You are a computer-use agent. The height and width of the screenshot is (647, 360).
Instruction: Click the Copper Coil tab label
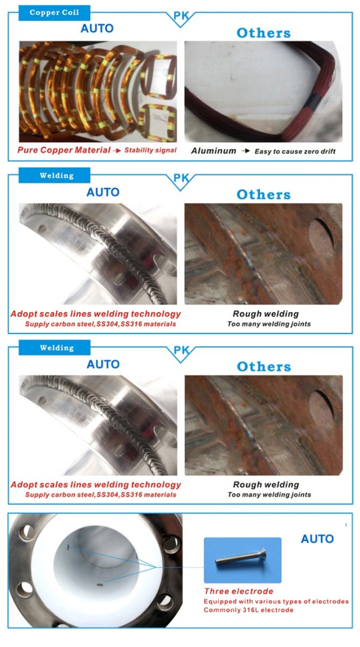coord(54,12)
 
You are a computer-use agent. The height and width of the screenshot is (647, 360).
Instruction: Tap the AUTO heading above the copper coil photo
coord(97,28)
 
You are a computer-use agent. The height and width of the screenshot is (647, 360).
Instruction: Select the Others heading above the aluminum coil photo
coord(264,33)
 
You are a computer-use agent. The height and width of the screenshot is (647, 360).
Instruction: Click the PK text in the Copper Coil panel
coord(181,16)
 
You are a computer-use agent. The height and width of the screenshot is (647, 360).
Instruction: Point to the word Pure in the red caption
coord(27,150)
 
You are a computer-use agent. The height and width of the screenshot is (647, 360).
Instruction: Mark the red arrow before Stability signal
coord(117,150)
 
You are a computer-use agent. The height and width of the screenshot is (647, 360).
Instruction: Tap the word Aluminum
coord(213,151)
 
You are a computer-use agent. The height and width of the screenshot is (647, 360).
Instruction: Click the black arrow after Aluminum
coord(246,151)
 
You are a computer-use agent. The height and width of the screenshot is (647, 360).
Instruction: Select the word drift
coord(328,152)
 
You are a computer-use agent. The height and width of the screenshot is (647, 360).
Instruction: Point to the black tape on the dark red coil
coord(314,102)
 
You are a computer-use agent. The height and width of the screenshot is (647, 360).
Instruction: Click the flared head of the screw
coord(262,553)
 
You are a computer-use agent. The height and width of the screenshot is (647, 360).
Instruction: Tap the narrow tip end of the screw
coord(217,561)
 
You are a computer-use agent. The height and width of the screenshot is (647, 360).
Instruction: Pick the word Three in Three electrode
coord(216,591)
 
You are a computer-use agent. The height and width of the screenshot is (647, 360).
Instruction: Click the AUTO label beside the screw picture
coord(317,539)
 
